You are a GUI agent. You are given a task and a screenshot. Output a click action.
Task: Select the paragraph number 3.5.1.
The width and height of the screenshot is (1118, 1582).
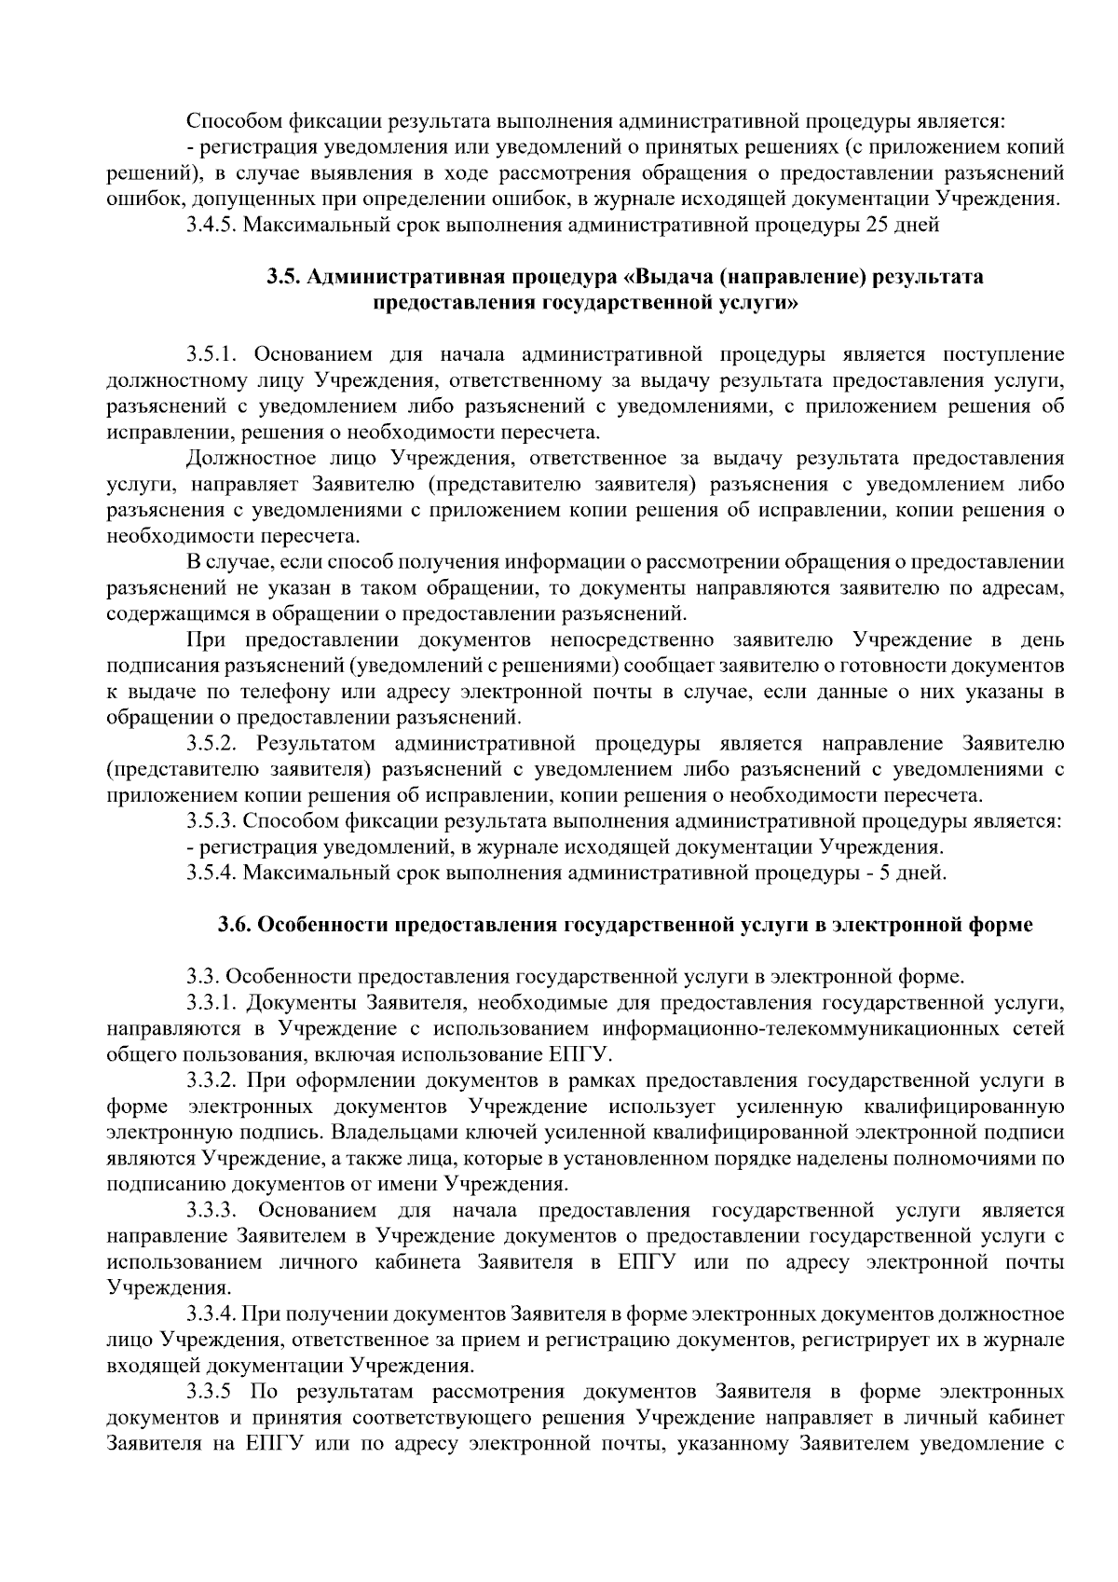point(214,354)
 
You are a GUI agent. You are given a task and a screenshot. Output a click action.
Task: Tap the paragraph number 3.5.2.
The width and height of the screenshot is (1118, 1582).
point(214,744)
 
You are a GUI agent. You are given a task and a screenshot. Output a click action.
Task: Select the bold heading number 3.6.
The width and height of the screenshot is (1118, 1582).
point(235,926)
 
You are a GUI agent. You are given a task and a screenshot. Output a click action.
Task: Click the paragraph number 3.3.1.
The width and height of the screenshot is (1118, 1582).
point(214,1003)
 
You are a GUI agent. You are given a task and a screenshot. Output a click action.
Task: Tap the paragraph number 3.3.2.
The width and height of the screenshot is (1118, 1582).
point(214,1081)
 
